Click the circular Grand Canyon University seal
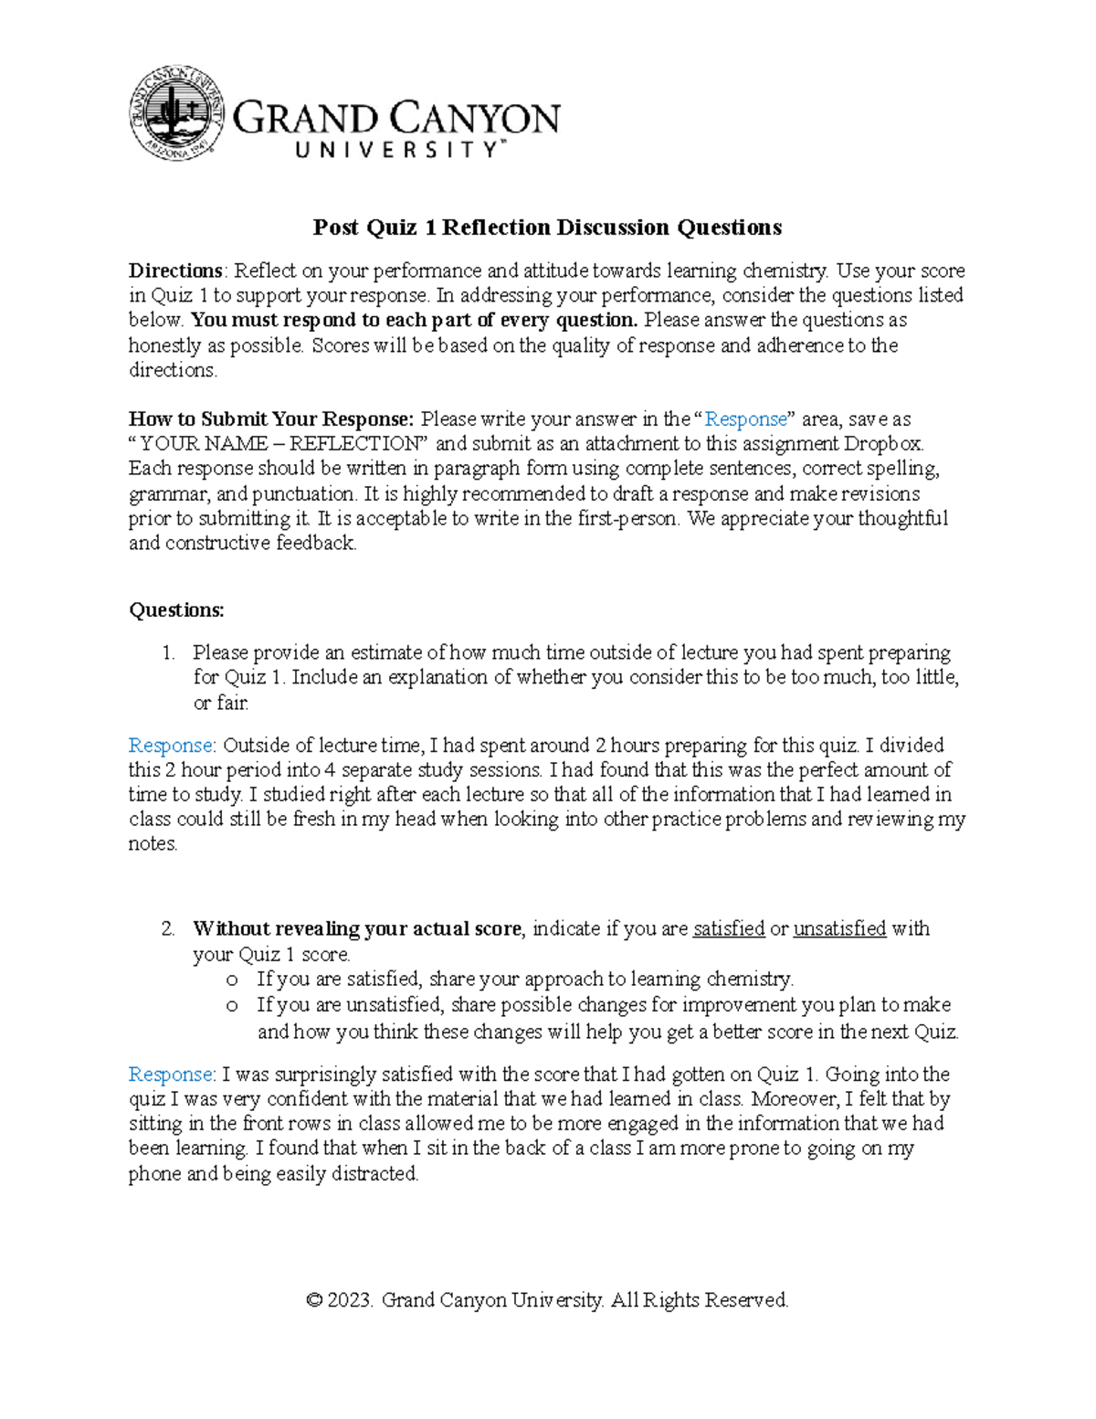177,113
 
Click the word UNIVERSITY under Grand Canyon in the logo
398,150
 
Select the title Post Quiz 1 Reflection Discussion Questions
547,228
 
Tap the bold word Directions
174,271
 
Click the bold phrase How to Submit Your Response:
271,419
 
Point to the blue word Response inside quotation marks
746,419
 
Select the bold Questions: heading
176,610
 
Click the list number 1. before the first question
168,653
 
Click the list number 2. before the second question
168,929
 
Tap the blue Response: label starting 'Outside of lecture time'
172,746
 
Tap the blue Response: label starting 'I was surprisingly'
172,1075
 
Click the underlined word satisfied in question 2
729,929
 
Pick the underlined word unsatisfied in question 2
839,929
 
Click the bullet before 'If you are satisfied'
232,980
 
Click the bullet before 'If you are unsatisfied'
232,1006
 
